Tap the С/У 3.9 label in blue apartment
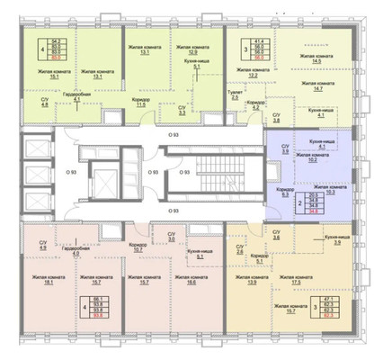tap(286, 149)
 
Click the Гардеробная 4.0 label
tap(76, 228)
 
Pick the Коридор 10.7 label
tap(137, 221)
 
